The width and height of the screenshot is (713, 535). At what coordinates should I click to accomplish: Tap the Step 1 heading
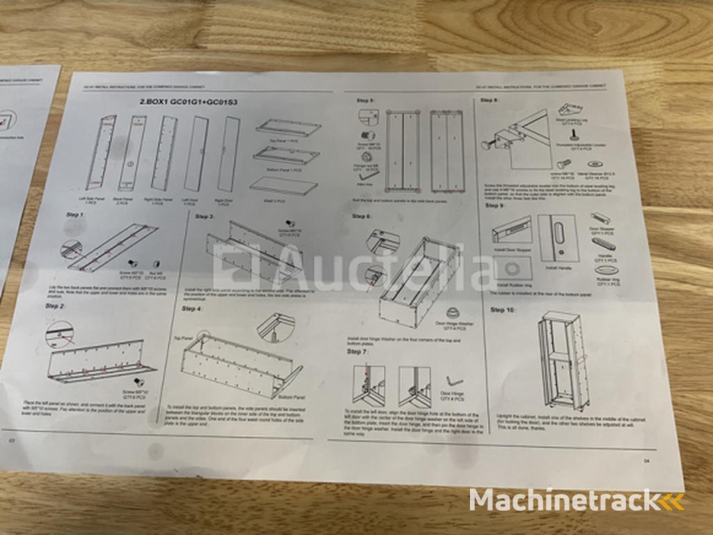click(x=72, y=215)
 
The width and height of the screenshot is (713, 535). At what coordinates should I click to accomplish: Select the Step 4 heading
click(x=192, y=308)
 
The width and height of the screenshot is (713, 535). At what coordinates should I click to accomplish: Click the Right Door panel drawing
click(x=228, y=154)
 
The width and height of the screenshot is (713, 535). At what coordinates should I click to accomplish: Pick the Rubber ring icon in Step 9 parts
click(x=607, y=268)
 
